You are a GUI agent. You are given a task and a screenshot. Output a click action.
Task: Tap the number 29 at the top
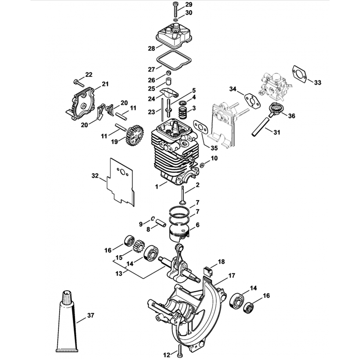(x=189, y=5)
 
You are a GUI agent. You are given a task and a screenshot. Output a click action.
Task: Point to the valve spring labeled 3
(x=184, y=112)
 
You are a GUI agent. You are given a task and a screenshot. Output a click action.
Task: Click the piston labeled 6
(x=179, y=231)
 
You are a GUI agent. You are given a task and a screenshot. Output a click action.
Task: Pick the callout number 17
(x=232, y=275)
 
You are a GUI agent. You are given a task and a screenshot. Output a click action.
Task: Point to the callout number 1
(x=156, y=186)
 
